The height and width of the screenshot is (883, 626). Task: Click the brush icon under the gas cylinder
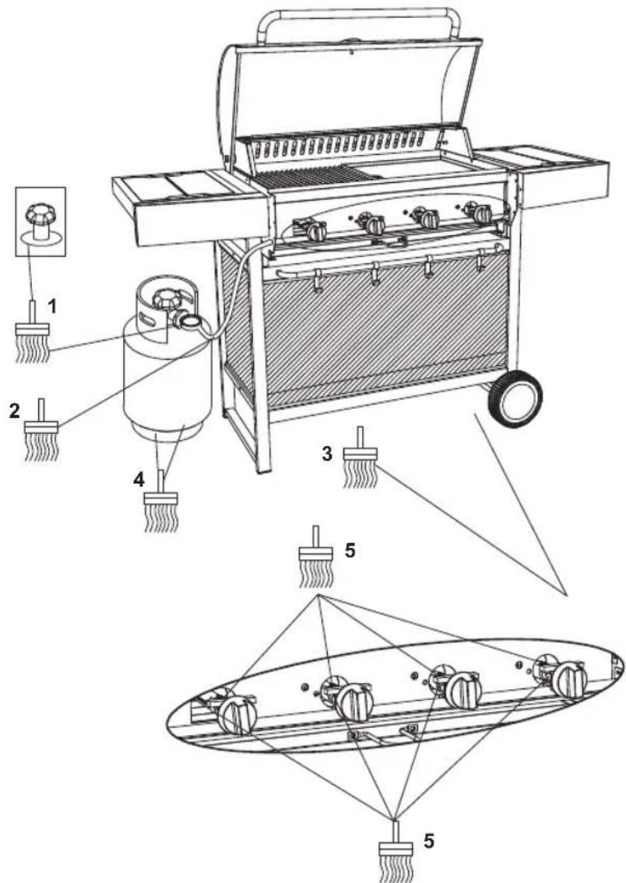pos(161,506)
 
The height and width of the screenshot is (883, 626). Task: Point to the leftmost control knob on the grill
pos(315,230)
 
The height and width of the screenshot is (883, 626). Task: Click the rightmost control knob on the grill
pos(483,213)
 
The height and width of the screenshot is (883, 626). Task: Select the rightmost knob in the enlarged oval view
pos(569,680)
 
